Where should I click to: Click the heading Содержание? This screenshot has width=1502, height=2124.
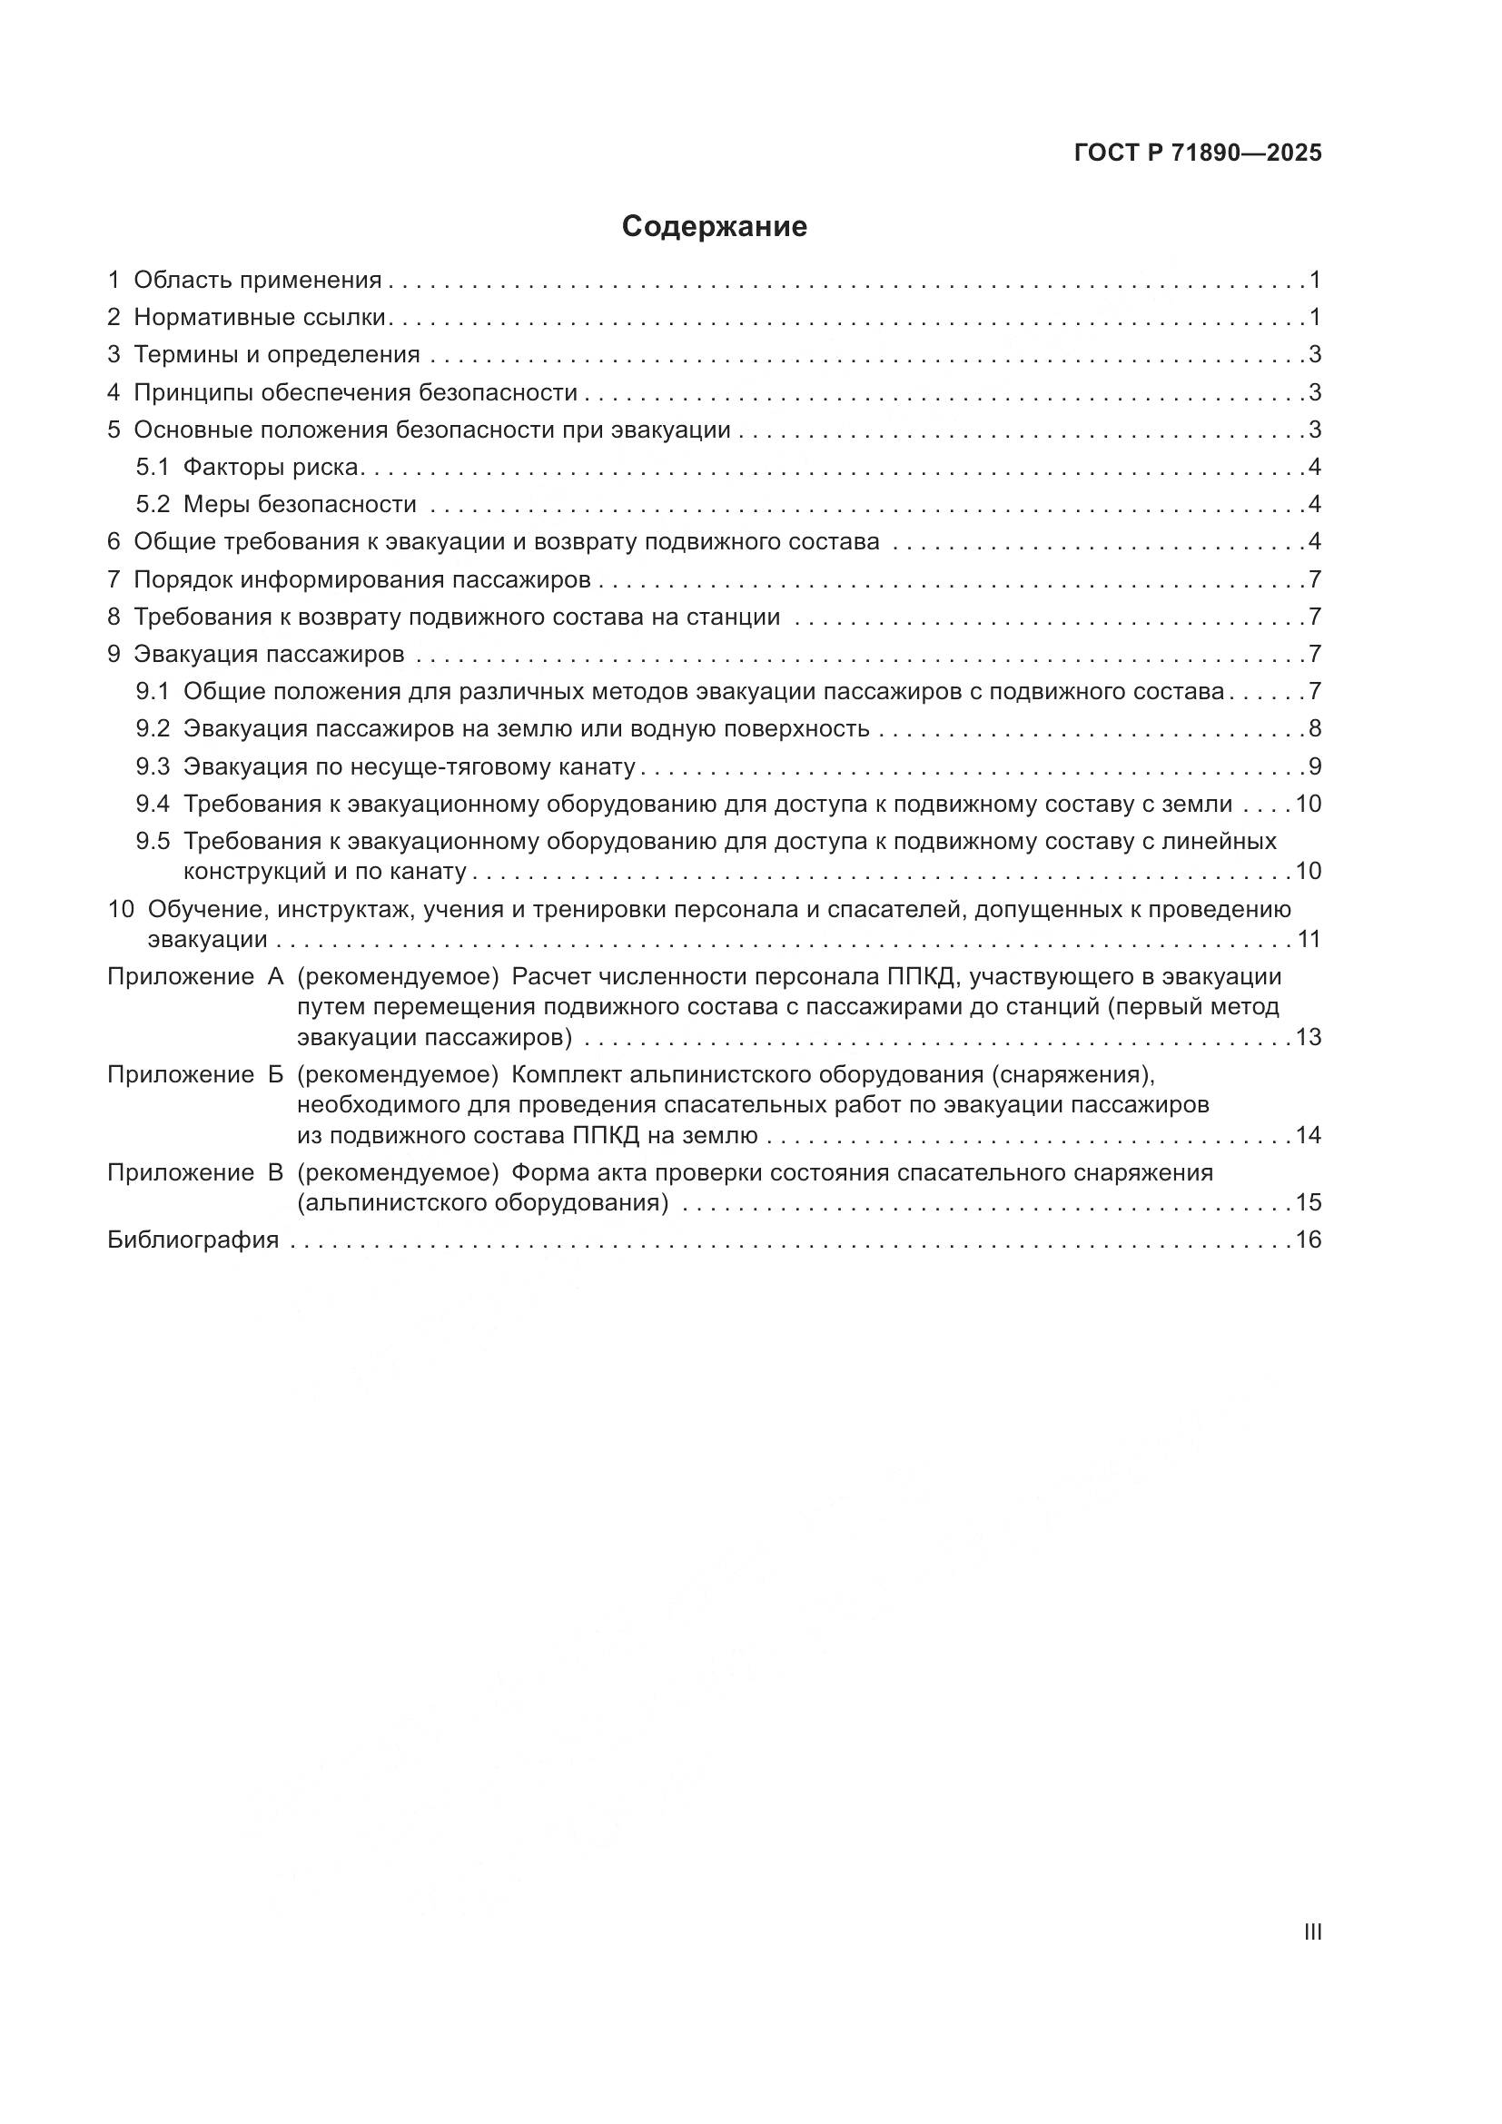[714, 227]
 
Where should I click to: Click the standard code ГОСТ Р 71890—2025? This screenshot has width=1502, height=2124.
[1198, 153]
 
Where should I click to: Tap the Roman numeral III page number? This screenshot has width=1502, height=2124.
[1311, 1931]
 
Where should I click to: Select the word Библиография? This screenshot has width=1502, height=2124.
[193, 1240]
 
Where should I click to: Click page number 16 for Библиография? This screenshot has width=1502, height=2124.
[1308, 1240]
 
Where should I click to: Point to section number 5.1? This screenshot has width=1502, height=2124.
[153, 467]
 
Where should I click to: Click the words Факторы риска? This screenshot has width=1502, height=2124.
[270, 467]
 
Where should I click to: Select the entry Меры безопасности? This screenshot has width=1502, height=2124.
[300, 504]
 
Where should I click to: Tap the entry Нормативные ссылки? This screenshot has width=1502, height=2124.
[259, 317]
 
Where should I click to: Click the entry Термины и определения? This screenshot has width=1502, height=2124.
[277, 354]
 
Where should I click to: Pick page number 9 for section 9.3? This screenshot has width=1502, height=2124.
[1314, 766]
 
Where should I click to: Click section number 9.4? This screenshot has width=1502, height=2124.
[153, 804]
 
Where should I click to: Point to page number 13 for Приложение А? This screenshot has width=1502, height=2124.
[1308, 1037]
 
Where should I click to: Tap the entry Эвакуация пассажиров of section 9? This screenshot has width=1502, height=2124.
[269, 654]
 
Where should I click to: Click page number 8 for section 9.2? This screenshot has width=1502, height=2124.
[1314, 729]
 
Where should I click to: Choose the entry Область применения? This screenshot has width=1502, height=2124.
[257, 280]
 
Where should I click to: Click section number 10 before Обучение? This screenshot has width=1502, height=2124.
[121, 908]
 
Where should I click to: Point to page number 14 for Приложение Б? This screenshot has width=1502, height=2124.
[1308, 1135]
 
